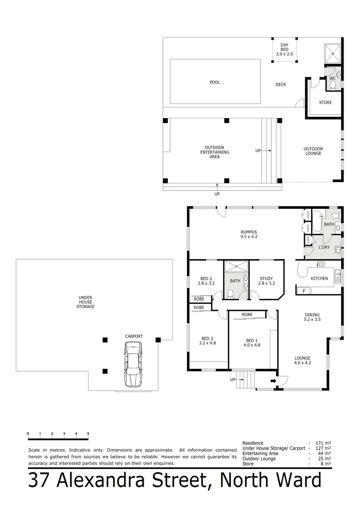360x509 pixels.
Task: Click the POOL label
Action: coord(215,82)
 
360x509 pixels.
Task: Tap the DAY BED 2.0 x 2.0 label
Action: coord(284,49)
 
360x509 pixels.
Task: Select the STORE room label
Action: coord(325,102)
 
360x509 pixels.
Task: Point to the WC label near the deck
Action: coord(332,78)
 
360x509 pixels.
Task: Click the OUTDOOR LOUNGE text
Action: coord(313,151)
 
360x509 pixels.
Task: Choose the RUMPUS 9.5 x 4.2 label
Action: coord(248,234)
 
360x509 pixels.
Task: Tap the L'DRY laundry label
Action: coord(324,247)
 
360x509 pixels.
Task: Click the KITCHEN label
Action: coord(319,279)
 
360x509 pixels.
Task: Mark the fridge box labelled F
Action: coord(304,291)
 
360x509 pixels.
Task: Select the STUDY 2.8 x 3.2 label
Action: coord(266,281)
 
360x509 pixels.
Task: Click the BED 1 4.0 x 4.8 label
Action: coord(252,343)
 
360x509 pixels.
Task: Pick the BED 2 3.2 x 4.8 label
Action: coord(208,341)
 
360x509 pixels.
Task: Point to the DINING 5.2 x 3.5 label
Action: coord(312,317)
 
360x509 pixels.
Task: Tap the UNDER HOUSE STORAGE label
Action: coord(86,302)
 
